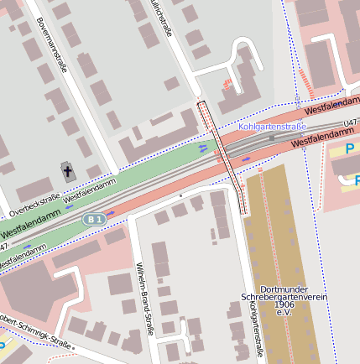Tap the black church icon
(x=68, y=173)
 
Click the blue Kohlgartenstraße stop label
(x=273, y=126)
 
